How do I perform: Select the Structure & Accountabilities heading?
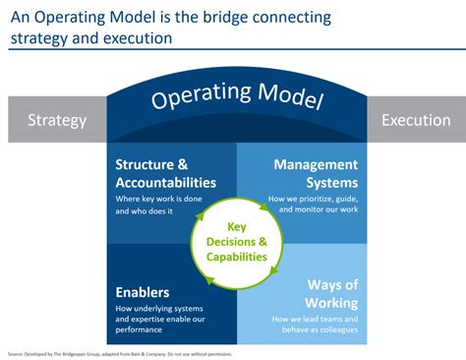pyautogui.click(x=165, y=173)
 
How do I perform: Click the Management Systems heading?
pyautogui.click(x=316, y=173)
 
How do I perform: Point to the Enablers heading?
pyautogui.click(x=143, y=292)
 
